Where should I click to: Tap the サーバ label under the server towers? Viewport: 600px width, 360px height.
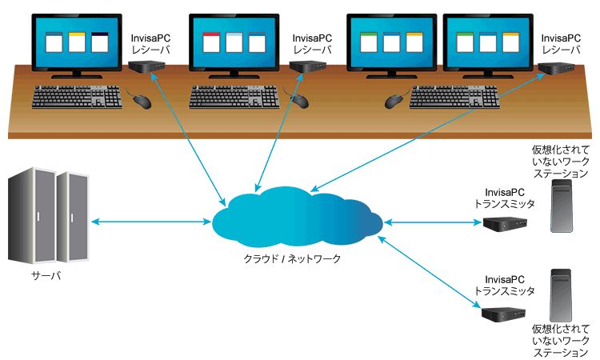[x=46, y=276]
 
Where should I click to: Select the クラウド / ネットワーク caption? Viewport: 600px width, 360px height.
[x=293, y=258]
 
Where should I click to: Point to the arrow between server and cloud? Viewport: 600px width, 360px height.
[x=148, y=221]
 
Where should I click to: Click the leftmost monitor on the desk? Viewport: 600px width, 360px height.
[x=77, y=43]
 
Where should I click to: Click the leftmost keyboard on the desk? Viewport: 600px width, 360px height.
[x=77, y=98]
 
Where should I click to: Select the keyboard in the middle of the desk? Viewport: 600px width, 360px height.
[x=234, y=98]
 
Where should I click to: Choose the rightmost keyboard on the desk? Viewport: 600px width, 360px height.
[x=455, y=98]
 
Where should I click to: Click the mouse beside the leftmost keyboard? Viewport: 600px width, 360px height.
[x=142, y=101]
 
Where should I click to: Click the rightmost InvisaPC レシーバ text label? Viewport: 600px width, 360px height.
[x=560, y=43]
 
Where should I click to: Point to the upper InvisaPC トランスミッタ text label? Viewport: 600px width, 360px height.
[x=504, y=198]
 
